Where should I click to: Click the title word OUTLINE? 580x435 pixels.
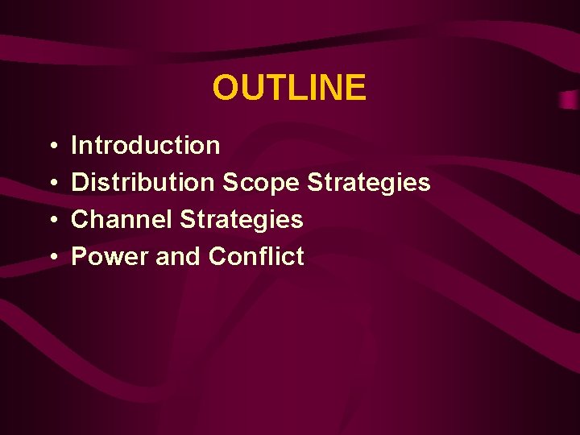click(x=289, y=88)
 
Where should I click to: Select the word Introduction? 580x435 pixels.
click(x=146, y=146)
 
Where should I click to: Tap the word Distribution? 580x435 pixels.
click(x=143, y=183)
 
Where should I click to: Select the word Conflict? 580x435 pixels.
click(x=256, y=257)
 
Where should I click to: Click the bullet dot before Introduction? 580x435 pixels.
click(x=52, y=147)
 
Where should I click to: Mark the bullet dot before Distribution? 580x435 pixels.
click(x=52, y=184)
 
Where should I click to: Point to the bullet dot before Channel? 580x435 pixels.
click(x=52, y=221)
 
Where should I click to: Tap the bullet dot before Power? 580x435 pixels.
click(x=52, y=258)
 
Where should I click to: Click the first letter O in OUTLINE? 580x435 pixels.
click(x=226, y=88)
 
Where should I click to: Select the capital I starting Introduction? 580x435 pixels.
click(x=75, y=146)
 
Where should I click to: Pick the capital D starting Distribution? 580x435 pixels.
click(x=80, y=183)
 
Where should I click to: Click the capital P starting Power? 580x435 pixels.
click(x=80, y=257)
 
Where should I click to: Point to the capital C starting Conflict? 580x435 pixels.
click(x=217, y=257)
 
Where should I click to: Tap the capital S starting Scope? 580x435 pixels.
click(x=230, y=183)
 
